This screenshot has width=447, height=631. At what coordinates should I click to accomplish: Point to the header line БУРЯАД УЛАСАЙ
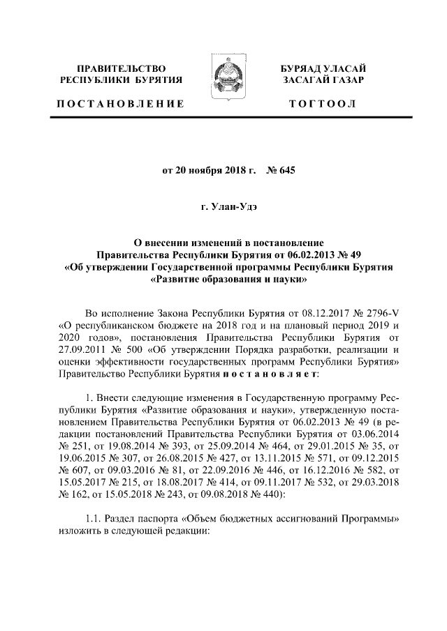(322, 68)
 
